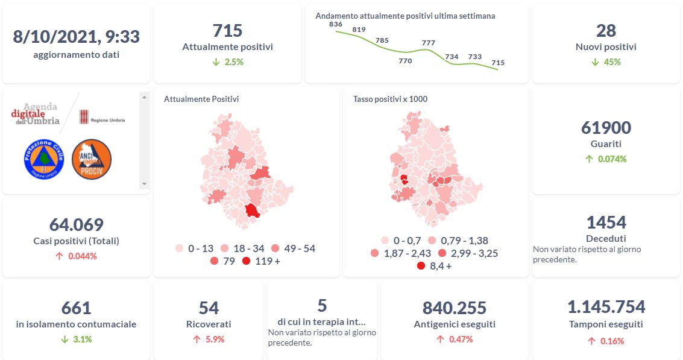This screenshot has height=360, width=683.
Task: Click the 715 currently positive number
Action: click(227, 31)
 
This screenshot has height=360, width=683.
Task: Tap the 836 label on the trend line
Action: click(336, 24)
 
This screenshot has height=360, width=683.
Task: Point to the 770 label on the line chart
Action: click(405, 61)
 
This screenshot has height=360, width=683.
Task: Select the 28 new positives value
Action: click(606, 31)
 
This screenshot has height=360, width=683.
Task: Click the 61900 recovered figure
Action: click(606, 128)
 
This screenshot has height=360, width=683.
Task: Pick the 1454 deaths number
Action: click(606, 223)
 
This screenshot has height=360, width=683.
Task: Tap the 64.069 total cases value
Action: click(76, 225)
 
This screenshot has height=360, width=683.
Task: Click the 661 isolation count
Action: click(76, 308)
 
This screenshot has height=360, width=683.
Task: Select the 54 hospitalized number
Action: click(209, 308)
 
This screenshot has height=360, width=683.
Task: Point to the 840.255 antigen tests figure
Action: click(455, 308)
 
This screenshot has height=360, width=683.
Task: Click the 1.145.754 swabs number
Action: click(606, 307)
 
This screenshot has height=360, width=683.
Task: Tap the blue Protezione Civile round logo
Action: click(43, 159)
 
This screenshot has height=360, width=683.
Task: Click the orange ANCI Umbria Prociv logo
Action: click(92, 159)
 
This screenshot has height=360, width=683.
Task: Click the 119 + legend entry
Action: click(260, 261)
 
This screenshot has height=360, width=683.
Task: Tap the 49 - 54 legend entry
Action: click(292, 248)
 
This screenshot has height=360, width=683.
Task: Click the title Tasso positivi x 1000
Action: click(390, 99)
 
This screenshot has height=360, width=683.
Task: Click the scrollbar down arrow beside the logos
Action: click(144, 183)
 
